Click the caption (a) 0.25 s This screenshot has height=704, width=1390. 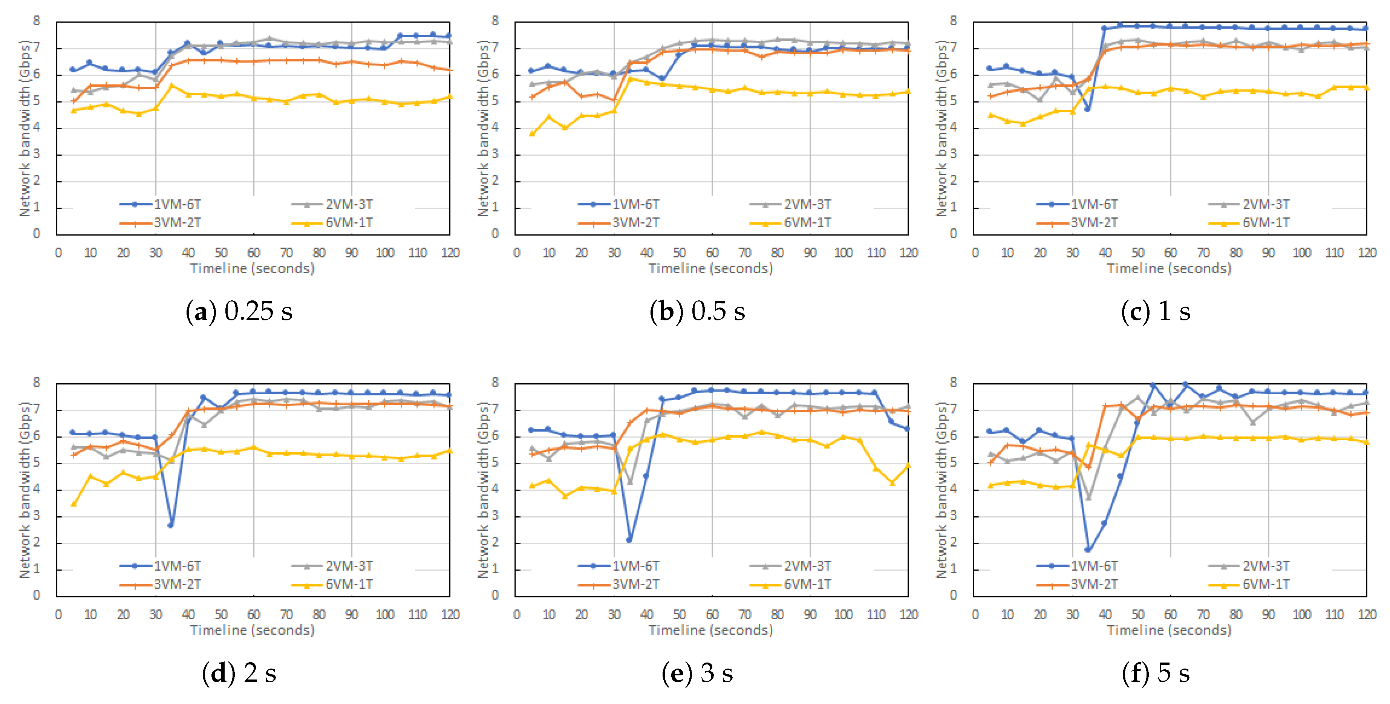pos(239,311)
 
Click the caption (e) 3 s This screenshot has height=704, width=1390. pos(697,673)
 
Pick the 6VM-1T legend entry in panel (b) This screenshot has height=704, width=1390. pos(791,223)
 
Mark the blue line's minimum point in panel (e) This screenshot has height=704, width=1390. pos(629,539)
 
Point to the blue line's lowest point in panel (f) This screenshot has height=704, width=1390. pos(1088,550)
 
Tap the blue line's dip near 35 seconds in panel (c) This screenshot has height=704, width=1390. pos(1087,109)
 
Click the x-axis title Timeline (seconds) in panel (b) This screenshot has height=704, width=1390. pos(711,268)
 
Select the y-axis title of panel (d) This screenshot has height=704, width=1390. pos(24,490)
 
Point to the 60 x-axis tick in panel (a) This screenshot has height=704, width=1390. pos(254,253)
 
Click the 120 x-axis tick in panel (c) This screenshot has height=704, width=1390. pos(1367,253)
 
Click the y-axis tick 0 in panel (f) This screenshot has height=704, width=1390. pos(954,595)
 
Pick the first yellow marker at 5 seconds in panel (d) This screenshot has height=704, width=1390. pos(73,504)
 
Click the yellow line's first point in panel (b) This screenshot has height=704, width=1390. pos(532,133)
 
